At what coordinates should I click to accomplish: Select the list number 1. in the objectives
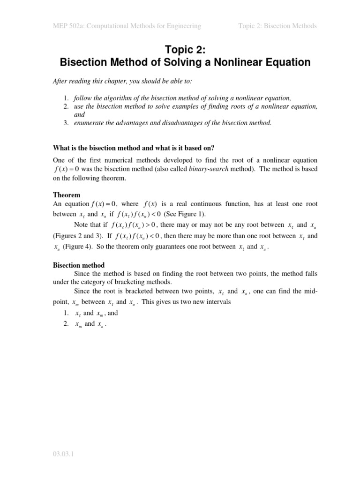coord(66,97)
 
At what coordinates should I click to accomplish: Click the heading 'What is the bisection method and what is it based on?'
coord(134,148)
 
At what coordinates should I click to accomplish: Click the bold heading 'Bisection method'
coord(78,265)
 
